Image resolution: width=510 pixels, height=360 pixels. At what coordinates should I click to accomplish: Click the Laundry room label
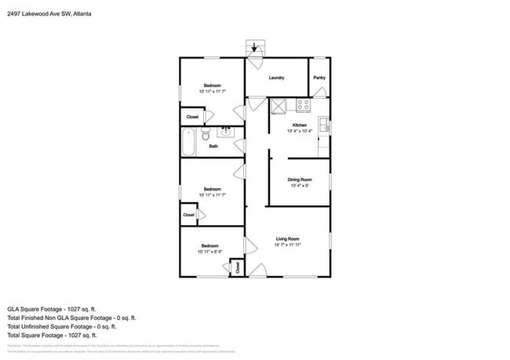[x=276, y=78]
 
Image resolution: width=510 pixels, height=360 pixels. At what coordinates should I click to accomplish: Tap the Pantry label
[x=319, y=78]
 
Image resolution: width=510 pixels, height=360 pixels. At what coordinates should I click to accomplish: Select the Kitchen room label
[x=299, y=125]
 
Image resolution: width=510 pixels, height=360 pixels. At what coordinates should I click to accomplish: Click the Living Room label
[x=287, y=238]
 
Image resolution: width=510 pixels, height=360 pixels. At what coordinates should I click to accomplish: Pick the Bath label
[x=213, y=145]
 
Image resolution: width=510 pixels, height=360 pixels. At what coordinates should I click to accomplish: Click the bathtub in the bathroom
[x=188, y=143]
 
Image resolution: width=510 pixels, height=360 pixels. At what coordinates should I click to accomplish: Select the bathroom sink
[x=226, y=131]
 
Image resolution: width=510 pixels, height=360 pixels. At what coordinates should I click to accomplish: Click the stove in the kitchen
[x=304, y=104]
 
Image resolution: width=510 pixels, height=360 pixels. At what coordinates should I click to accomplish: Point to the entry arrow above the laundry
[x=253, y=47]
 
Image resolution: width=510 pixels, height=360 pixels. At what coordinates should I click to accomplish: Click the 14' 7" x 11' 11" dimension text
[x=288, y=245]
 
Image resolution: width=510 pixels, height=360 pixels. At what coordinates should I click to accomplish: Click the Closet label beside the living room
[x=238, y=267]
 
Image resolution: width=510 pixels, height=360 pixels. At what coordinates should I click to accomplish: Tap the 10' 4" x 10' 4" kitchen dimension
[x=299, y=131]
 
